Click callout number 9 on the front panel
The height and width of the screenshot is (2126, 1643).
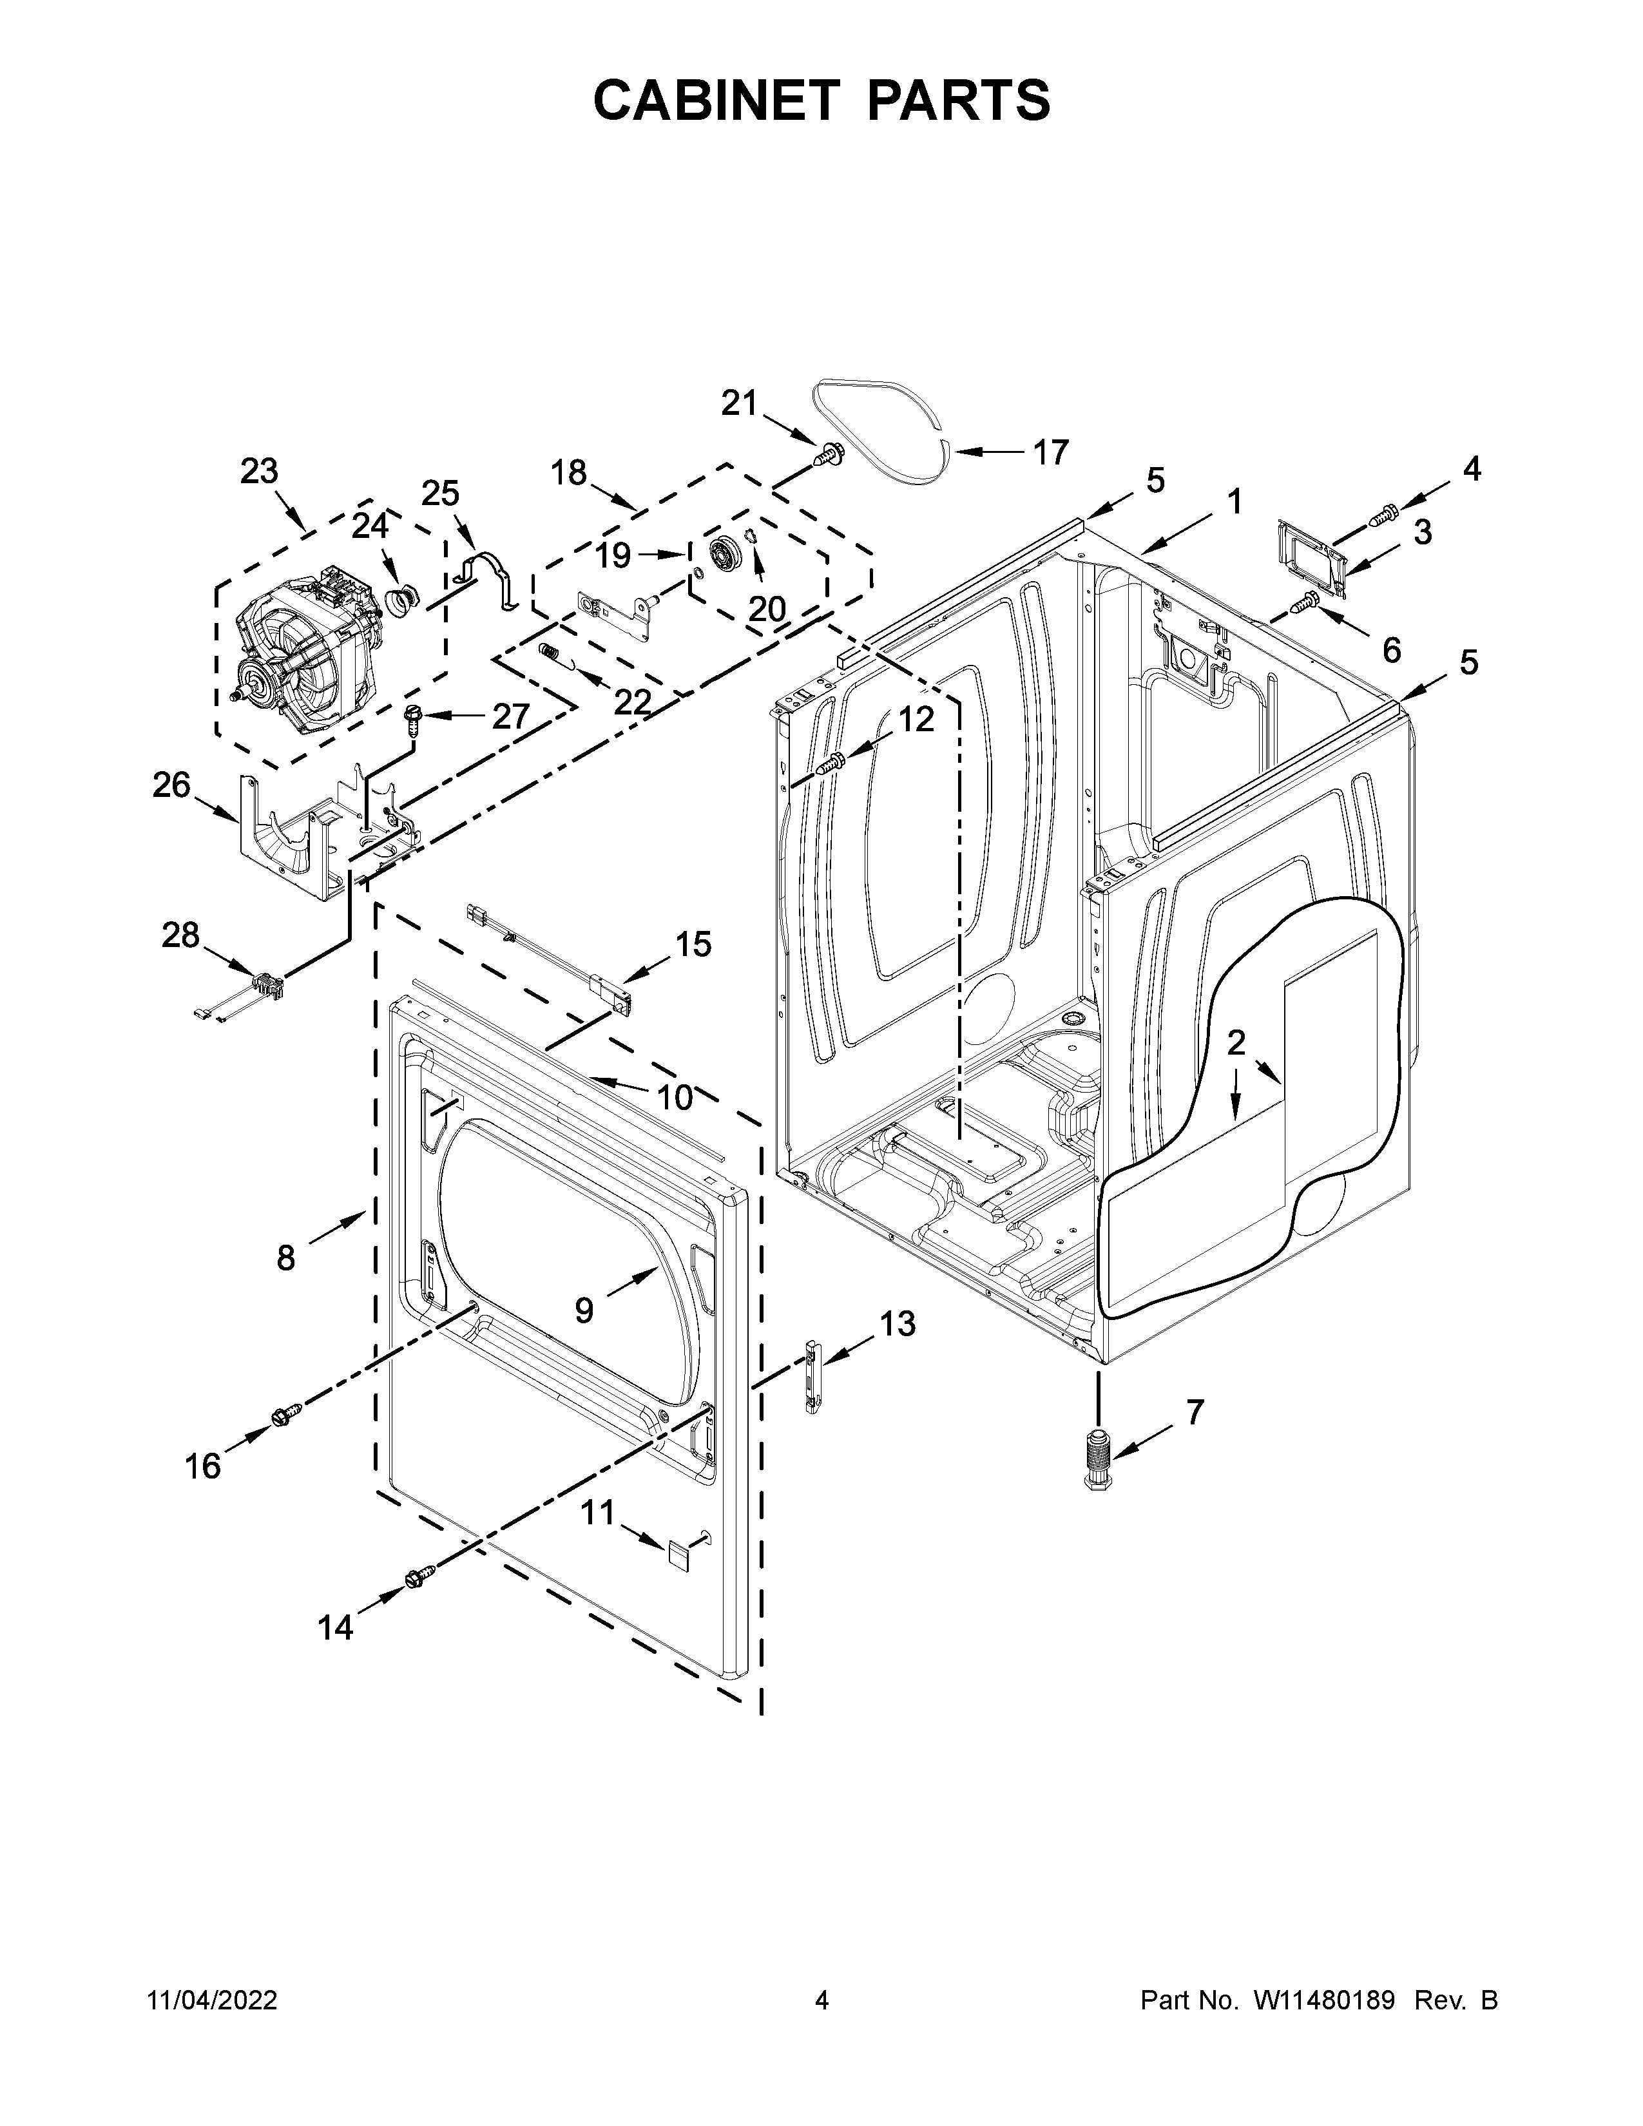pyautogui.click(x=584, y=1310)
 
